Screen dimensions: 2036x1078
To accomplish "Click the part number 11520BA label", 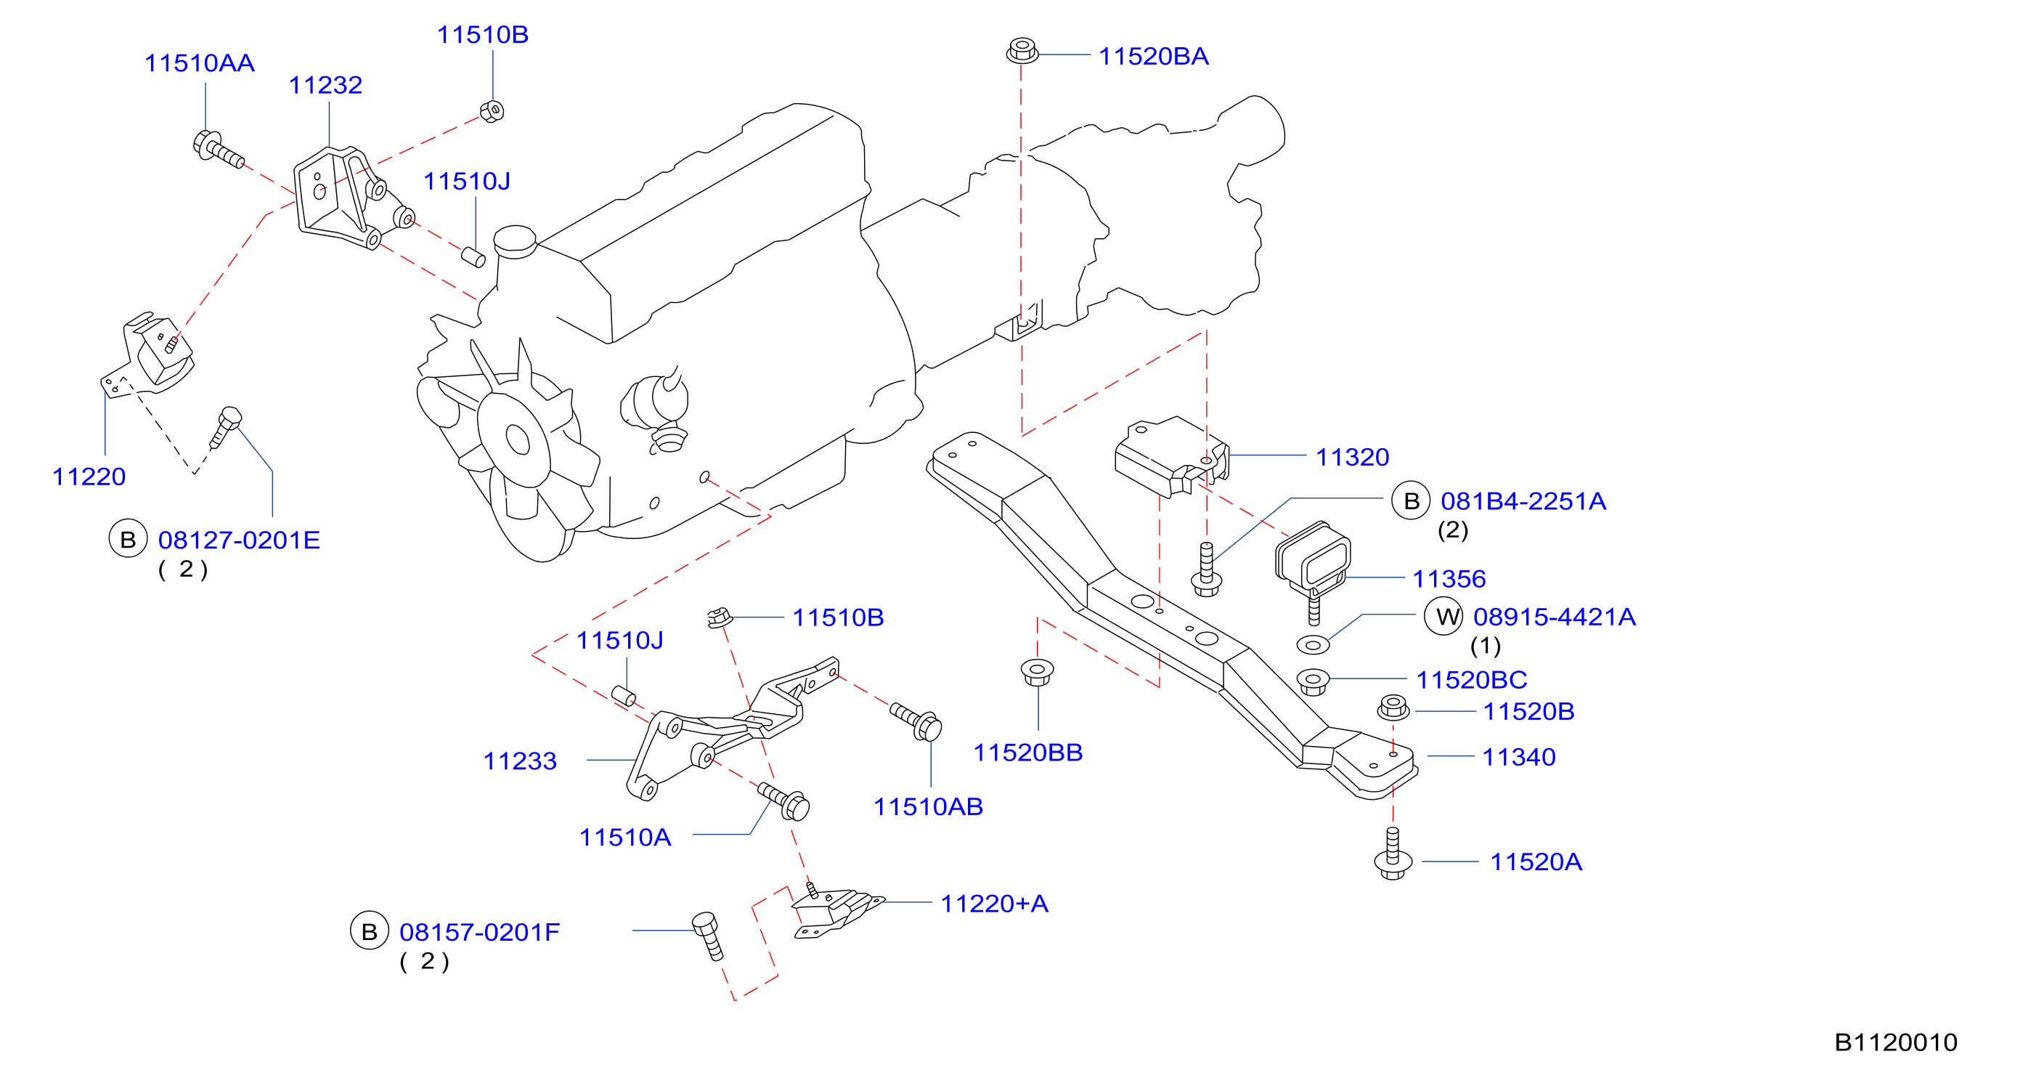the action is (1153, 56).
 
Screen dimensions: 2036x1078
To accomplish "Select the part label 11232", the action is (325, 84).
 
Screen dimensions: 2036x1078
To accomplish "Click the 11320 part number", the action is (1352, 456).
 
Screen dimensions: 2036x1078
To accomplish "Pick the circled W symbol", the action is (1443, 616).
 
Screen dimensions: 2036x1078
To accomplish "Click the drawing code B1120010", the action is (1895, 1042).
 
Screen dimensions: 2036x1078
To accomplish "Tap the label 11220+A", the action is (994, 903).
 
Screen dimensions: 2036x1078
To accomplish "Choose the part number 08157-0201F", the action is (480, 932).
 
